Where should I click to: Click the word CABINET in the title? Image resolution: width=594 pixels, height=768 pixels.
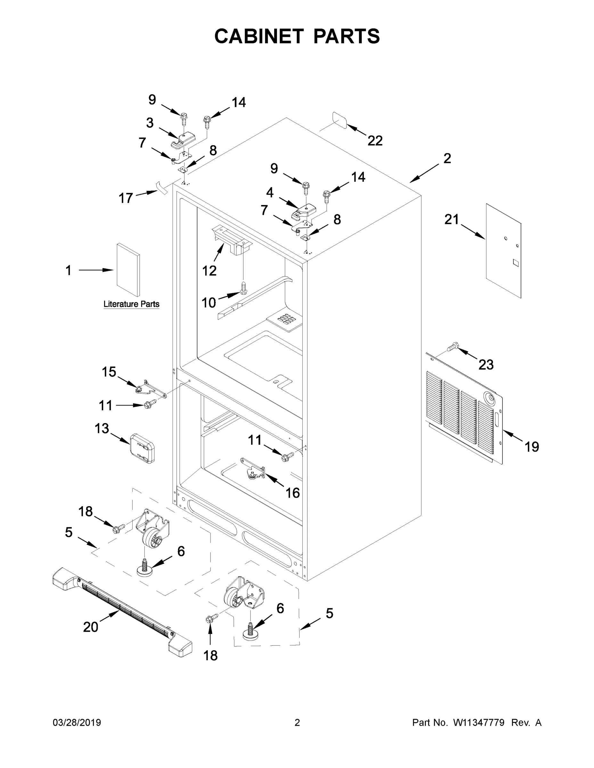[259, 36]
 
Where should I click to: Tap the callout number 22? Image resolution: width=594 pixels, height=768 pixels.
[375, 141]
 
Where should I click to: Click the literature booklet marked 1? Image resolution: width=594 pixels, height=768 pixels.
[128, 270]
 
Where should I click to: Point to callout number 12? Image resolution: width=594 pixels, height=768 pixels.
[209, 271]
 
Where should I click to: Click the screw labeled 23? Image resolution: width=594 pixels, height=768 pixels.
[452, 347]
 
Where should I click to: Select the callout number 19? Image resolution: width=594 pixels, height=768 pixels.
[531, 447]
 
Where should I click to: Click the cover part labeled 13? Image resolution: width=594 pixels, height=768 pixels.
[142, 448]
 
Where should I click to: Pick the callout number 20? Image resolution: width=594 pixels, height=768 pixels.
[90, 627]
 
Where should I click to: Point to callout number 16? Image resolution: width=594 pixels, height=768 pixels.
[292, 493]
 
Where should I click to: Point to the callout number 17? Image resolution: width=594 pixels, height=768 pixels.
[126, 198]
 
